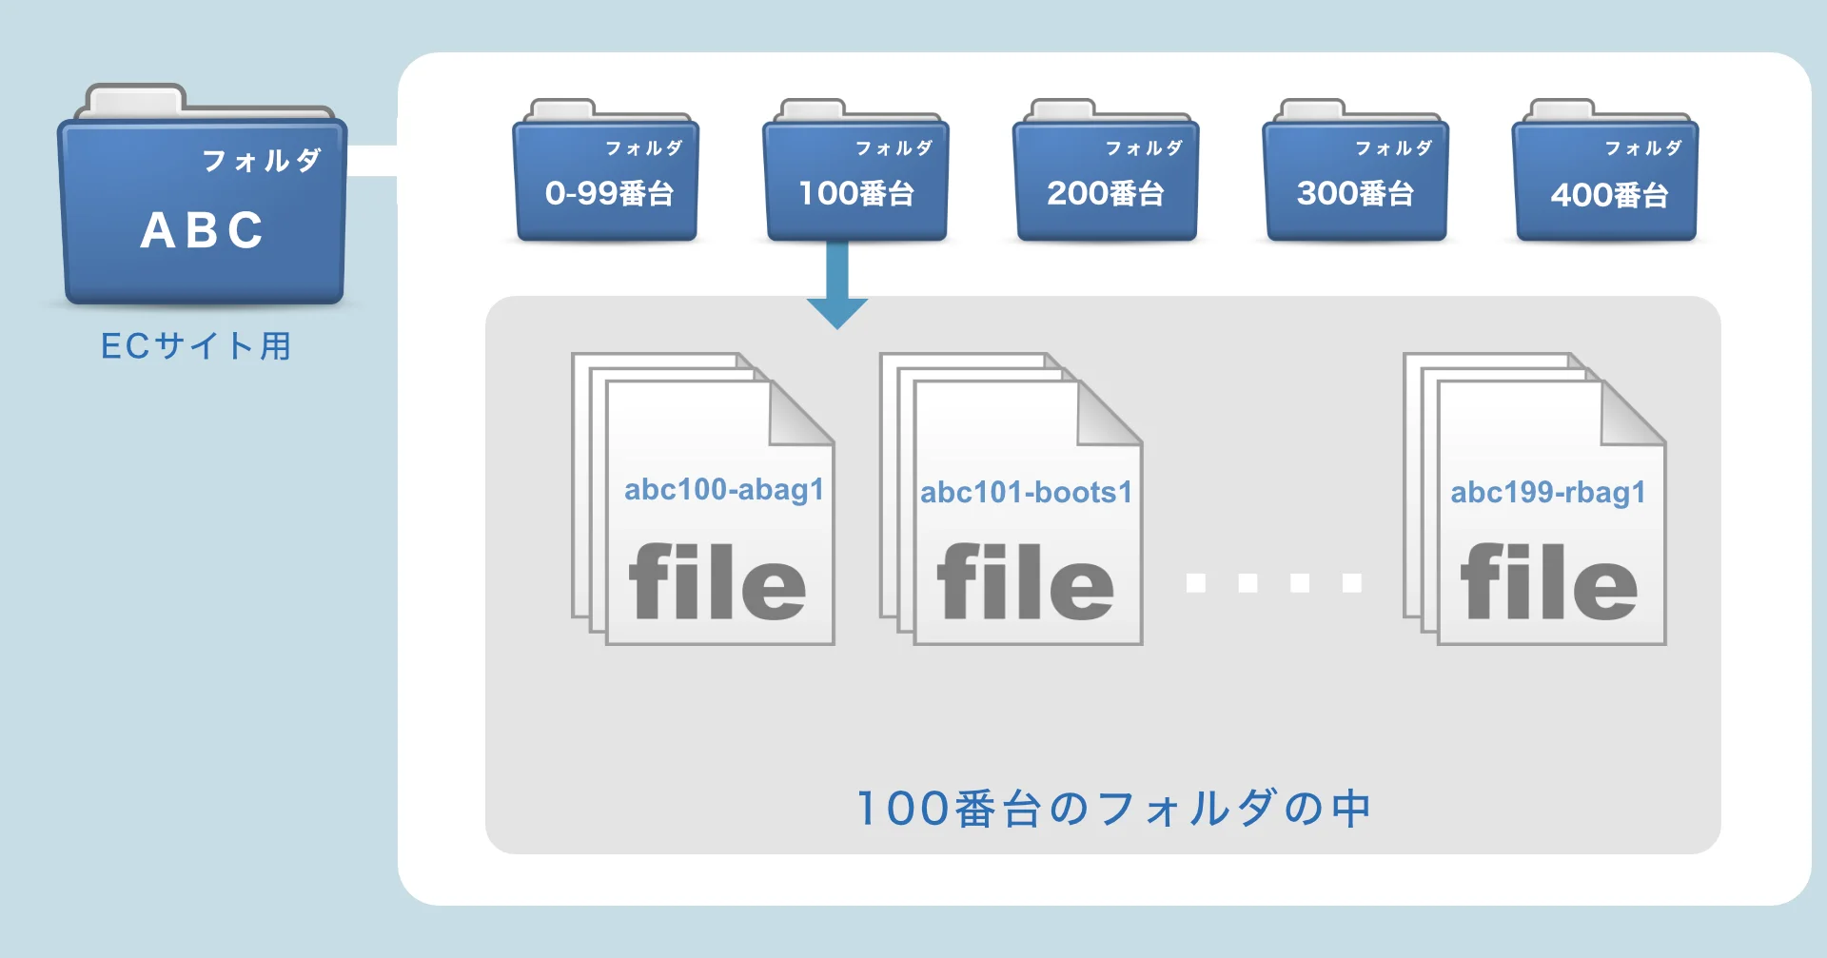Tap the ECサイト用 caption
(196, 346)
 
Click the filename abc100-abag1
(723, 490)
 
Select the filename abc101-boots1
(1026, 493)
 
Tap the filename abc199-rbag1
(1548, 493)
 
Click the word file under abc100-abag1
(717, 582)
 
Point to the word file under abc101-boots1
(1025, 582)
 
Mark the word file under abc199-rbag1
(1549, 582)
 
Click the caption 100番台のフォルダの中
(1113, 809)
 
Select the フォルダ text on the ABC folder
(262, 161)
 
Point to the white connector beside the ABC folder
(372, 161)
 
